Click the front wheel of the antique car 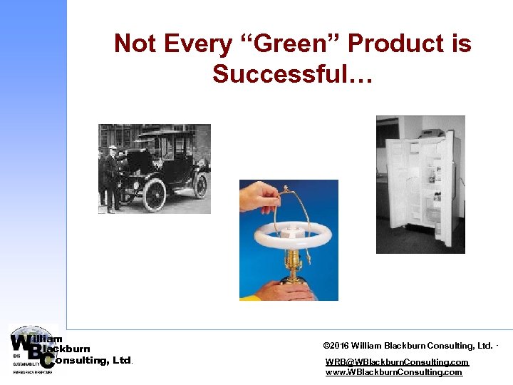pyautogui.click(x=154, y=195)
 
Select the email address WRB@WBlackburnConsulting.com pyautogui.click(x=397, y=362)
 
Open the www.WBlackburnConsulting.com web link pyautogui.click(x=393, y=372)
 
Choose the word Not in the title pyautogui.click(x=135, y=44)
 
